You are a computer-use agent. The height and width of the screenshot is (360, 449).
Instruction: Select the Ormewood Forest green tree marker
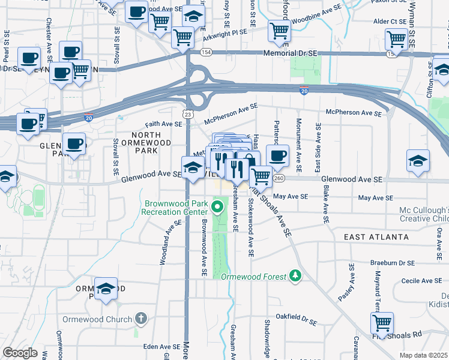295,275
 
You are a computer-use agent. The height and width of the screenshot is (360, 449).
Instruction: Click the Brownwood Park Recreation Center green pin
218,208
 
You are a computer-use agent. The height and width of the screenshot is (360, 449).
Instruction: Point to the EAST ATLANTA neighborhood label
376,237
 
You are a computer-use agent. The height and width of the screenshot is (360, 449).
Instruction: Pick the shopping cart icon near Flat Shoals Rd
382,323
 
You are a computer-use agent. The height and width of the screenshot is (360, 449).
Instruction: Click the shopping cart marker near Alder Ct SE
397,40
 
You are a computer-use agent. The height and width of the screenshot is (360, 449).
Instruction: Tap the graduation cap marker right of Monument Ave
418,161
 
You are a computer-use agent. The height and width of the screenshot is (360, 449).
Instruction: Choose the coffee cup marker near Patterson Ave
277,156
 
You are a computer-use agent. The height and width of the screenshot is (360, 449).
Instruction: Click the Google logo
20,353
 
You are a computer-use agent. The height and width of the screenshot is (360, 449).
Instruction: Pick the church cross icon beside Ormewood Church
140,318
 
